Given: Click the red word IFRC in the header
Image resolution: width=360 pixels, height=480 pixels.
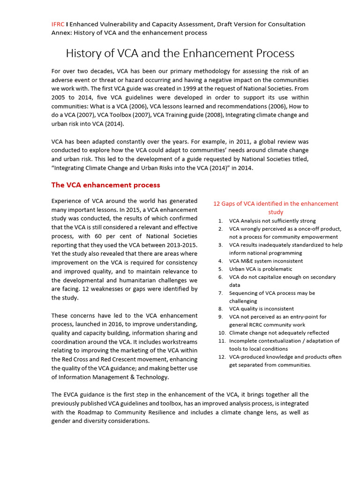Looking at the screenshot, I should tap(58, 24).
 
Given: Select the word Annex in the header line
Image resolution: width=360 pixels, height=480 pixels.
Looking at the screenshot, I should tap(60, 33).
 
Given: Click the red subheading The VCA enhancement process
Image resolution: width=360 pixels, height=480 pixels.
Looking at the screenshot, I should tap(105, 185).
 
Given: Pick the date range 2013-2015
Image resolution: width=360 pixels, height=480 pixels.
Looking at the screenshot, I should tap(181, 245).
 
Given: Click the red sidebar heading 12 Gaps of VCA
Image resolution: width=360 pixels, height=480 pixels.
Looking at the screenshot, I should tap(276, 203).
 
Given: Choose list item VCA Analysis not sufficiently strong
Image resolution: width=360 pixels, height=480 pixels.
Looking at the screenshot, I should tap(272, 221).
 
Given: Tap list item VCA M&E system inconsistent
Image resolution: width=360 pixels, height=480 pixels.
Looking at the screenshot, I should tap(266, 261).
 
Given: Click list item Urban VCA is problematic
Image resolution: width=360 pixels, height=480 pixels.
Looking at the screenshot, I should tap(261, 269).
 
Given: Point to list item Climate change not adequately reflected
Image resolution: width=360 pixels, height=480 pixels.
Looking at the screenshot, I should tap(279, 333).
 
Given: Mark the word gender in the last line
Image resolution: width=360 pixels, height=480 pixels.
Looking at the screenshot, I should tap(62, 421).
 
